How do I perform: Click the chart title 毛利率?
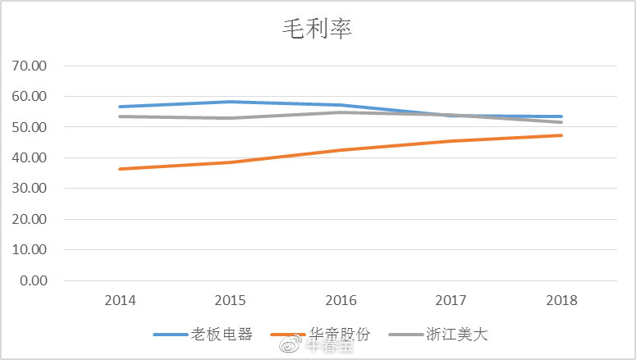[x=318, y=30]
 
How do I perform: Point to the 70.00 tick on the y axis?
[x=30, y=66]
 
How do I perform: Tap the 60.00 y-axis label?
[x=30, y=96]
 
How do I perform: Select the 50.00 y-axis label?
[x=30, y=127]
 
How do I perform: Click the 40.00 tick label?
[x=30, y=157]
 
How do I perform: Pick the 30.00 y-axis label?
[x=30, y=189]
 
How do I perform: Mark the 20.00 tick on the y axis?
[x=30, y=219]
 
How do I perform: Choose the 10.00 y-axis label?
[x=30, y=249]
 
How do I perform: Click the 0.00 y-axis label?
[x=34, y=280]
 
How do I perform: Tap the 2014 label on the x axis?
[x=121, y=300]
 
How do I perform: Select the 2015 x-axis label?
[x=231, y=300]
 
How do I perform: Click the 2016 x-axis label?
[x=341, y=300]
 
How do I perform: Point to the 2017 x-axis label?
[x=451, y=300]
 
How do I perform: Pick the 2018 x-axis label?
[x=561, y=300]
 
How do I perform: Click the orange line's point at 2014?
[x=121, y=169]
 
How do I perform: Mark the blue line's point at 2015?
[x=231, y=102]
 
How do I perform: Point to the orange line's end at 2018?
[x=561, y=135]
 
